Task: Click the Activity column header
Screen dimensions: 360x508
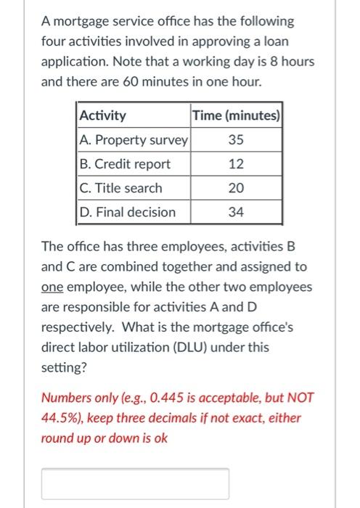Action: coord(102,115)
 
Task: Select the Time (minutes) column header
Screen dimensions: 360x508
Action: coord(236,115)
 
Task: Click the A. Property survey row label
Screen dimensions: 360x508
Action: coord(133,139)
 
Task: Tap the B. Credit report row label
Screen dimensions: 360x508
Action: coord(125,164)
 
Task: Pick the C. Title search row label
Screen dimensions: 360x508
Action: coord(120,188)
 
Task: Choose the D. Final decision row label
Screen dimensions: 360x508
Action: coord(127,212)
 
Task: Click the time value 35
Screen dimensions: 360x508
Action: coord(236,139)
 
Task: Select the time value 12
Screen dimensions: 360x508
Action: coord(236,164)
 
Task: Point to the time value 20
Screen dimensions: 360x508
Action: coord(236,188)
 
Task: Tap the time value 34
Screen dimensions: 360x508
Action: coord(236,212)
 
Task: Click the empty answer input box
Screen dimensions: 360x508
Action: coord(135,483)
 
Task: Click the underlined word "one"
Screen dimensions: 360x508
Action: coord(52,287)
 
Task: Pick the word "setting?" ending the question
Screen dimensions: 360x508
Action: coord(64,368)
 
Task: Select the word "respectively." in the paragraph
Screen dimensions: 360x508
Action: coord(75,327)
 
